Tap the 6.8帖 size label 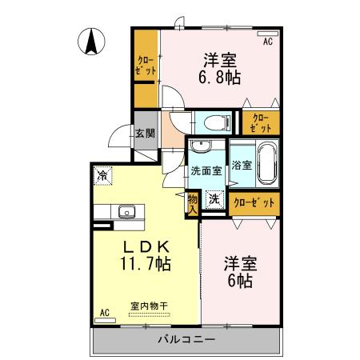point(221,78)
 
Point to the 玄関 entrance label point(144,134)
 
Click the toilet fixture point(211,122)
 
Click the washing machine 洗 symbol point(214,200)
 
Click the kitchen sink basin point(126,212)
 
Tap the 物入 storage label point(193,203)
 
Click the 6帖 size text point(240,281)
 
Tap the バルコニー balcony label point(187,340)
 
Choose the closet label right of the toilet point(260,122)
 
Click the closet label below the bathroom point(254,203)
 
